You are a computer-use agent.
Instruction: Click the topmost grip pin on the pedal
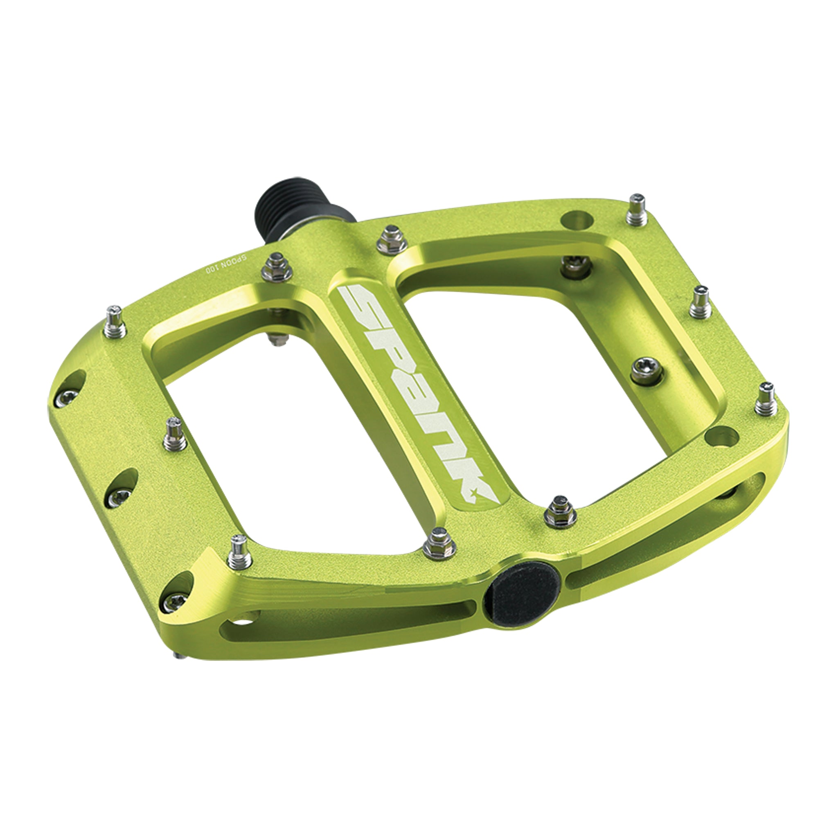coord(638,212)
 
